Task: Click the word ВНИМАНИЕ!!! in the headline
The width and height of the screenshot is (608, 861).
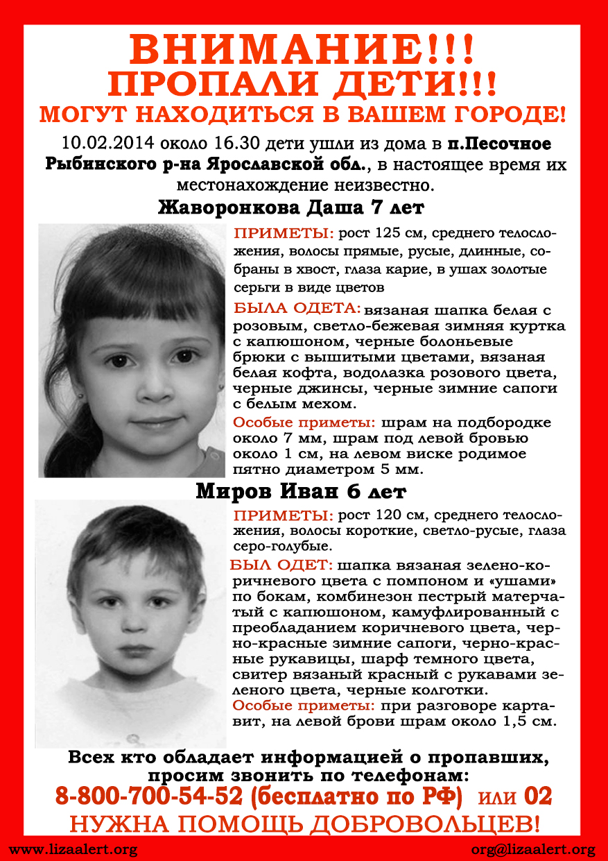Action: click(303, 50)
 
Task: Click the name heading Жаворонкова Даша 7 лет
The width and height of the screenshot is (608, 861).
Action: click(291, 207)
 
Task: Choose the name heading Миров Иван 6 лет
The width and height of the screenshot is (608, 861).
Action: click(301, 492)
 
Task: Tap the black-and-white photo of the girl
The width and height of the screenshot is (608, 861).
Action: click(132, 350)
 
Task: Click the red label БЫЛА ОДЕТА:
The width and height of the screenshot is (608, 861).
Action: click(297, 307)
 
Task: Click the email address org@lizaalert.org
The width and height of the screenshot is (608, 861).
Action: click(532, 849)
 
